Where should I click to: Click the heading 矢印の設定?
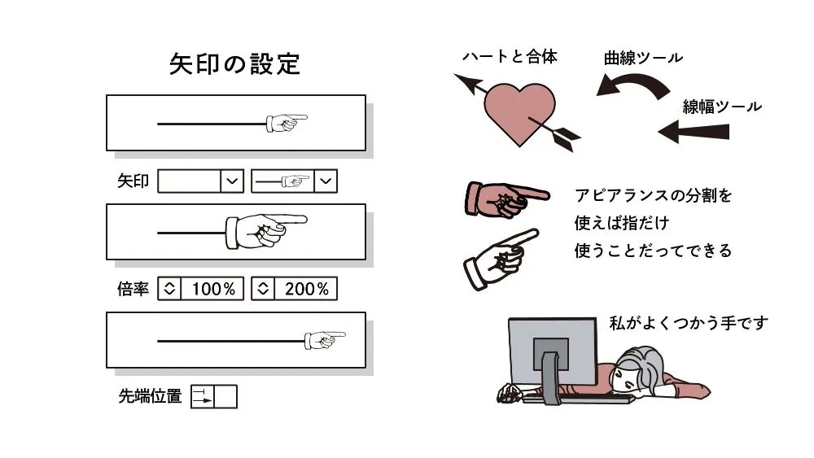234,64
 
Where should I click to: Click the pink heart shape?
519,113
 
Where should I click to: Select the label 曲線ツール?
643,58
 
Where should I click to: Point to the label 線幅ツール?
721,107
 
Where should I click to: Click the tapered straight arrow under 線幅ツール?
692,130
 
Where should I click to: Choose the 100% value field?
212,289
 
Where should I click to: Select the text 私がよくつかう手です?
688,323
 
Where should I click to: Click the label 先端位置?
150,397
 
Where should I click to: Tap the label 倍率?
133,289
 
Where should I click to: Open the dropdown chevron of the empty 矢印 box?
233,181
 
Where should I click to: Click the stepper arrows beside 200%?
262,289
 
